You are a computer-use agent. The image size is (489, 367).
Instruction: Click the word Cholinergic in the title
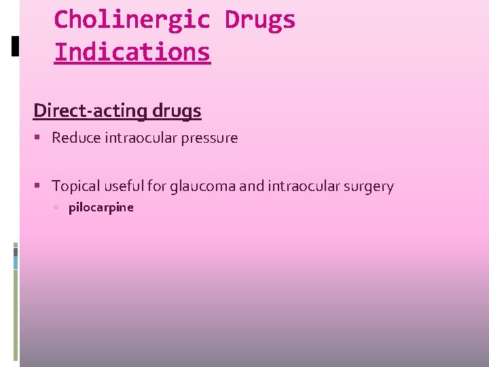(132, 20)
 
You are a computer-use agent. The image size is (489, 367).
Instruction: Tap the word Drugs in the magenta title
(260, 20)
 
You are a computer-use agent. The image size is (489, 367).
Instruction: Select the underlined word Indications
(132, 52)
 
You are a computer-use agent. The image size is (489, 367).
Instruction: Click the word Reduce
(76, 138)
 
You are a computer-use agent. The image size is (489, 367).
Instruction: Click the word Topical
(75, 186)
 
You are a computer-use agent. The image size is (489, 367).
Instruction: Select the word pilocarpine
(101, 207)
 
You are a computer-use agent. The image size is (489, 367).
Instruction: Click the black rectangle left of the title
(15, 46)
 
